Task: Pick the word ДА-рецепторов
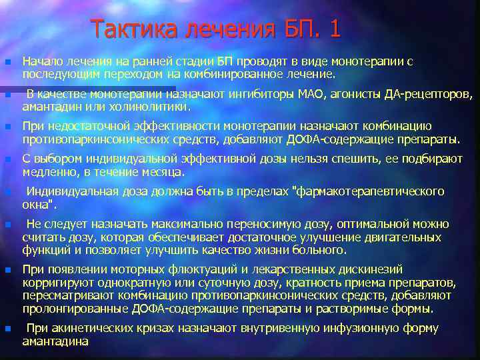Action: point(427,94)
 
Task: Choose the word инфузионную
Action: point(359,328)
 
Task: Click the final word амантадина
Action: point(55,341)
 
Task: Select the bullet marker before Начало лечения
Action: point(7,61)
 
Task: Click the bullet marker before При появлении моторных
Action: point(7,270)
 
